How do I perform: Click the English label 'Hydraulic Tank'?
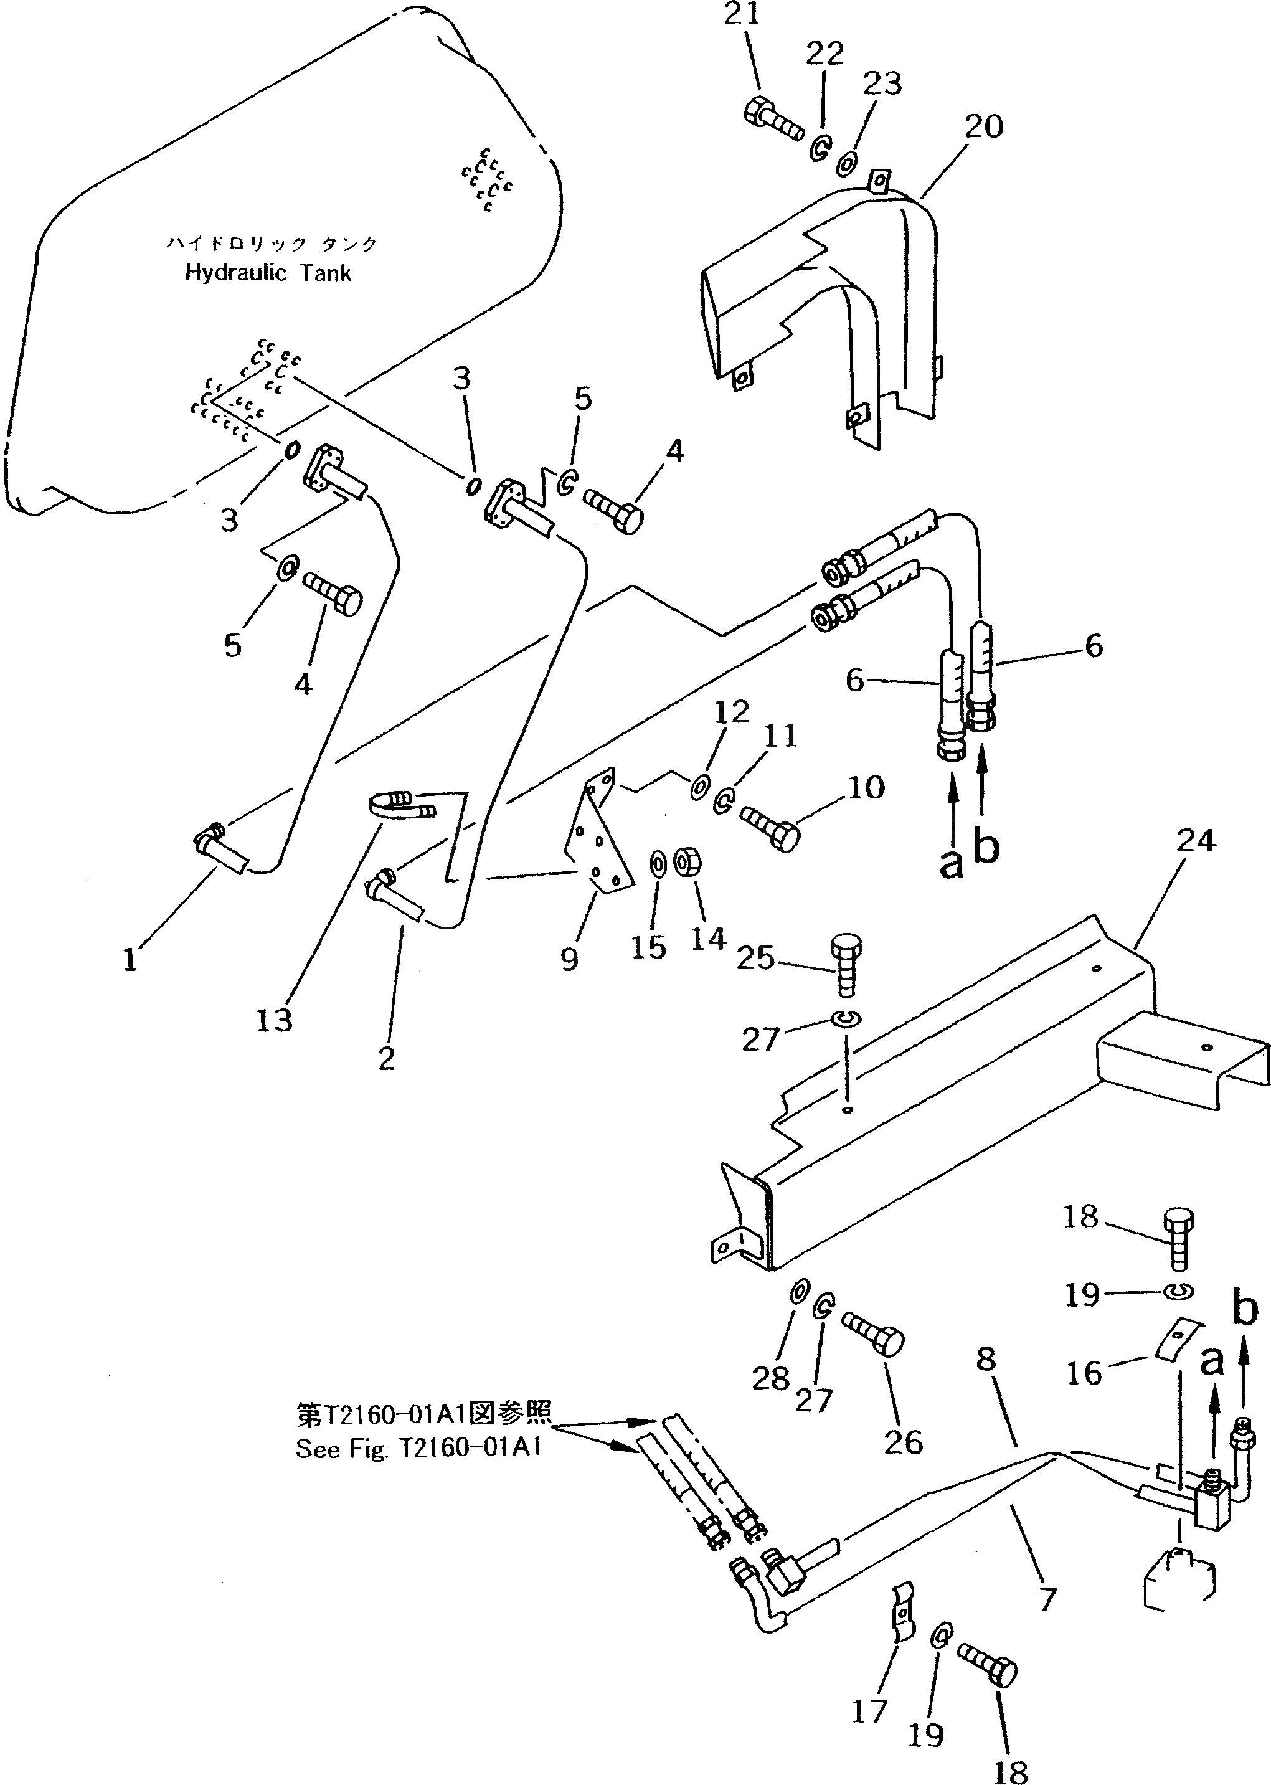[x=268, y=273]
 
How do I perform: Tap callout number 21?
[x=741, y=15]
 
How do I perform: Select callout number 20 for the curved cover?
[x=983, y=127]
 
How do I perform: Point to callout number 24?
[x=1195, y=841]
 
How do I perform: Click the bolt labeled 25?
[x=845, y=964]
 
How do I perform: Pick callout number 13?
[x=274, y=1020]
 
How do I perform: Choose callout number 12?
[x=732, y=711]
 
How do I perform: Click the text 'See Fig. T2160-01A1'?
[x=418, y=1449]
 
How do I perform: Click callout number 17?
[x=869, y=1712]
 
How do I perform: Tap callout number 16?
[x=1084, y=1373]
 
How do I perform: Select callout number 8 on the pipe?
[x=986, y=1359]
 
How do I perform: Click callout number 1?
[x=130, y=960]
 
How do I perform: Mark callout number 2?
[x=387, y=1058]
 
